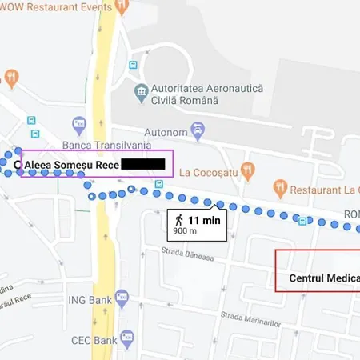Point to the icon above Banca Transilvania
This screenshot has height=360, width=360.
click(78, 125)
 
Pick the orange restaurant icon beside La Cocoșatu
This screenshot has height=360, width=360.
click(248, 170)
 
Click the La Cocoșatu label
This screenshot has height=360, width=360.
click(209, 171)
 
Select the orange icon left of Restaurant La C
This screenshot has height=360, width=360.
click(279, 189)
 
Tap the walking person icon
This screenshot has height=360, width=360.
click(179, 218)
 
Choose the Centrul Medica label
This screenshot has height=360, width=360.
click(319, 279)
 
